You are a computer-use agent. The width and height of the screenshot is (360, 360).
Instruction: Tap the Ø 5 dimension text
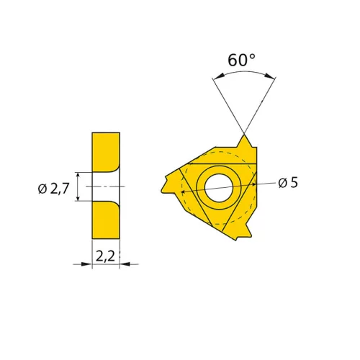click(x=288, y=183)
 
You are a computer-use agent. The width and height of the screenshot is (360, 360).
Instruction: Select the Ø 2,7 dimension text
click(x=53, y=189)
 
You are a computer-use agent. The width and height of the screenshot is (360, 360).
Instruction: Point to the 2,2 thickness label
click(x=106, y=256)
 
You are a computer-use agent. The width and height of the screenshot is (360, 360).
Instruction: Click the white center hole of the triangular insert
click(x=219, y=188)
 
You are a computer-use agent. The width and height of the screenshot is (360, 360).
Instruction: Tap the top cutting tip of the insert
click(x=244, y=136)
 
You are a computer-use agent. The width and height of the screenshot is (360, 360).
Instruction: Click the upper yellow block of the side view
click(x=106, y=152)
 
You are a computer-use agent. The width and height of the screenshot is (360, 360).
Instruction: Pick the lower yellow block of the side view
click(x=106, y=220)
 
